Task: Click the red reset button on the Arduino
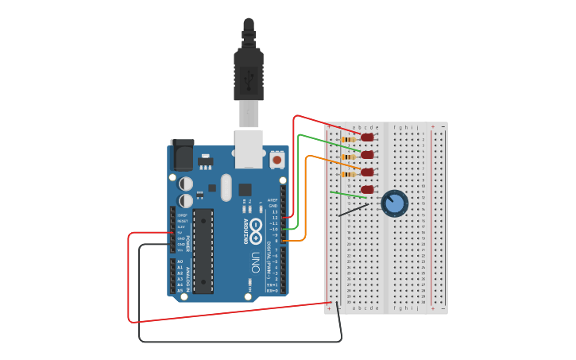276,159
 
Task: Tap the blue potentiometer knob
394,203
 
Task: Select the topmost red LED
367,137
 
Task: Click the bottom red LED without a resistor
367,189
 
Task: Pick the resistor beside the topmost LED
348,140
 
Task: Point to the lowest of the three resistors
348,174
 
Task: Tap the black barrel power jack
182,155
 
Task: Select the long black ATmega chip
203,250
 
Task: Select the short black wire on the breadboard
353,210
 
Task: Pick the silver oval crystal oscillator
226,188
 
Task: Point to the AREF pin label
273,200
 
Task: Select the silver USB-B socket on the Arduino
249,149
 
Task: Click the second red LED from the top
367,155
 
